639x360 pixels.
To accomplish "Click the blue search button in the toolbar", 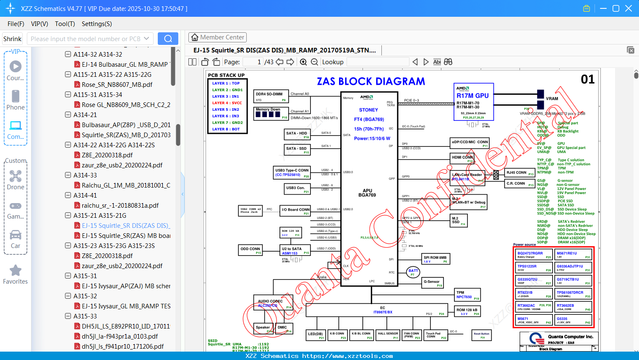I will (x=168, y=39).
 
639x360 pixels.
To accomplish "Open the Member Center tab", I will (x=217, y=37).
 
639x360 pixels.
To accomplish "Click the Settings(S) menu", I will (x=97, y=24).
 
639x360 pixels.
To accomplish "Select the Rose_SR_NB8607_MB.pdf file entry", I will (x=117, y=84).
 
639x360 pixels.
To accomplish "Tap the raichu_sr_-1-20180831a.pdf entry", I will (x=120, y=205).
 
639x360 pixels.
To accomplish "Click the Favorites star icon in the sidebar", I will (x=16, y=271).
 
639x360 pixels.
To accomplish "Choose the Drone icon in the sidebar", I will (x=16, y=176).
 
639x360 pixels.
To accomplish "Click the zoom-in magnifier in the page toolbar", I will (x=303, y=62).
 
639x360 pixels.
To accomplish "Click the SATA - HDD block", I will (x=297, y=134).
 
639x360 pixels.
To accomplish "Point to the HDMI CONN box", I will (x=463, y=159).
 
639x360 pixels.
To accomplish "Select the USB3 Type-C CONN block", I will (x=292, y=172).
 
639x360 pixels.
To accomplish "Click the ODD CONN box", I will (x=250, y=250).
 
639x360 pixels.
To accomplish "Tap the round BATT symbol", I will (x=413, y=272).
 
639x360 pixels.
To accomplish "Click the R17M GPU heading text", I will (x=472, y=96).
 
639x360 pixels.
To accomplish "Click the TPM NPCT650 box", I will (x=467, y=295).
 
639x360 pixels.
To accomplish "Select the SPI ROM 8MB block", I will (x=436, y=259).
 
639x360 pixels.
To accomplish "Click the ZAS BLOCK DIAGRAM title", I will (x=371, y=81).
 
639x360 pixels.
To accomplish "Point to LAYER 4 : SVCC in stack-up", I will (x=227, y=103).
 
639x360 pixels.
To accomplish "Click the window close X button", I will (x=628, y=8).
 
